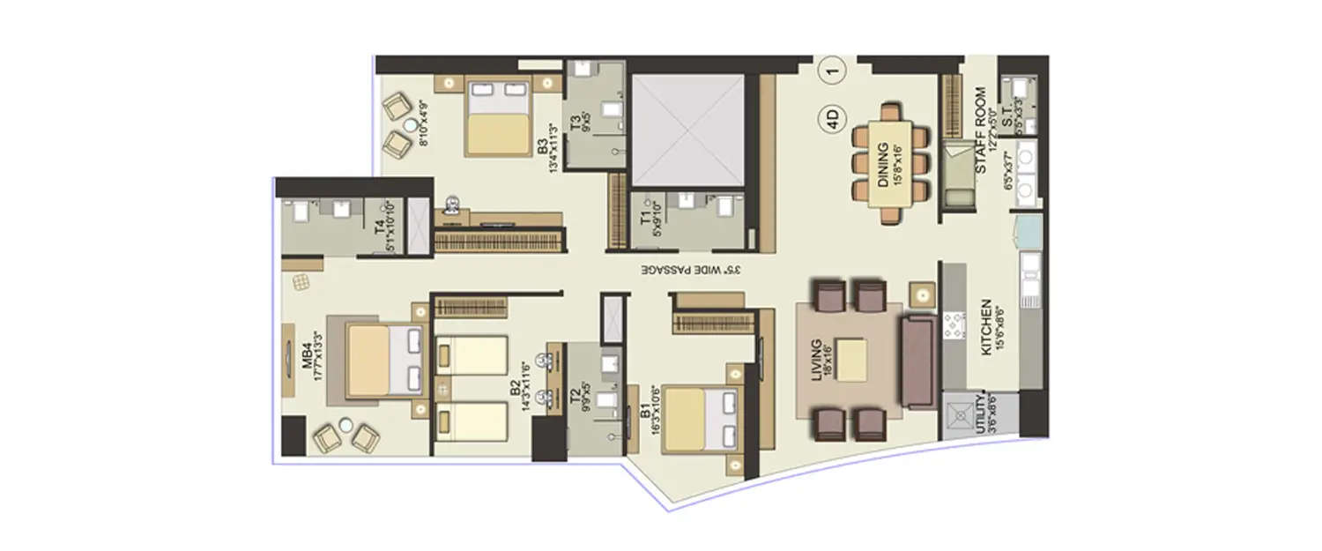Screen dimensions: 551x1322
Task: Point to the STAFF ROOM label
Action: [x=979, y=145]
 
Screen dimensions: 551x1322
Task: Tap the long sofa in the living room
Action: [x=918, y=361]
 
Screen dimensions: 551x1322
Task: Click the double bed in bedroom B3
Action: [x=499, y=119]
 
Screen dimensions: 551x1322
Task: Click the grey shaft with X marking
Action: [x=689, y=130]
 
